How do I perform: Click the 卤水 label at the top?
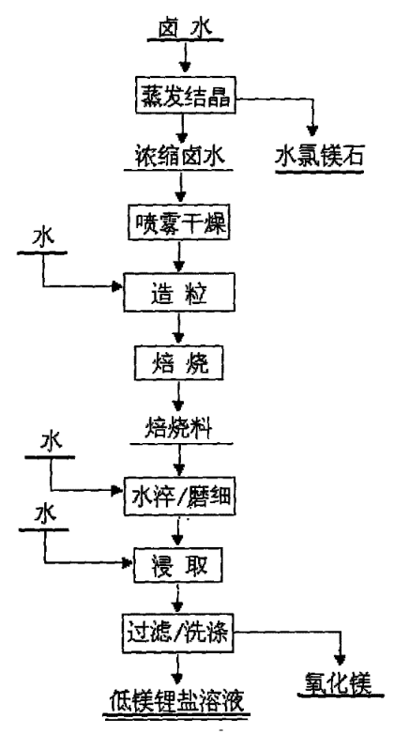[x=186, y=28]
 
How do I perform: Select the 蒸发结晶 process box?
[x=186, y=97]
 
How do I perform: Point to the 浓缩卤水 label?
[x=178, y=155]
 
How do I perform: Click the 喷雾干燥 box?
[x=179, y=222]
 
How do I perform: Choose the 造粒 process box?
[x=179, y=293]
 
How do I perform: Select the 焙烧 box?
[x=179, y=363]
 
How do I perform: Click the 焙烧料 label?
[x=179, y=428]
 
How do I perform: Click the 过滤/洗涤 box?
[x=178, y=635]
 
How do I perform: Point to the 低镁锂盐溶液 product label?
[x=177, y=700]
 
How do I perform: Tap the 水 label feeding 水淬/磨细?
[x=51, y=441]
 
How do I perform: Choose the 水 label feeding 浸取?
[x=45, y=514]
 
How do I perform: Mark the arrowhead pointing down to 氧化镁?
[x=340, y=660]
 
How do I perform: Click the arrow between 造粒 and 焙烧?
[x=178, y=329]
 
